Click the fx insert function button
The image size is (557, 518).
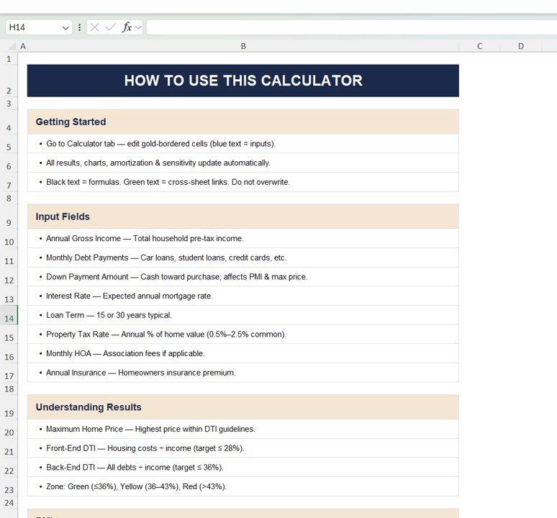(127, 27)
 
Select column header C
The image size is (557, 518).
(480, 46)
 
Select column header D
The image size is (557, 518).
(521, 46)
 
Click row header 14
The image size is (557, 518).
(9, 318)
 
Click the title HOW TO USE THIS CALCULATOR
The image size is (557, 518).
(243, 81)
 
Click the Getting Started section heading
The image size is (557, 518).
(71, 122)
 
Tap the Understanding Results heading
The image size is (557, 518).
(89, 407)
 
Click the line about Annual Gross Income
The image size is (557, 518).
(145, 238)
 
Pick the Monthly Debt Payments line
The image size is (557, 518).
(166, 258)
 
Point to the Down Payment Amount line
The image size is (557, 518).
(176, 276)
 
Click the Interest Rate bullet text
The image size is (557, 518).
(129, 296)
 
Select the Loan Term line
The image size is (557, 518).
(109, 315)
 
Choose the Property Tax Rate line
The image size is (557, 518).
(166, 334)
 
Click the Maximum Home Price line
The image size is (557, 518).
(150, 429)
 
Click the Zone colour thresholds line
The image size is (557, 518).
(136, 486)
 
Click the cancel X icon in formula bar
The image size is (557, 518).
(94, 27)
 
